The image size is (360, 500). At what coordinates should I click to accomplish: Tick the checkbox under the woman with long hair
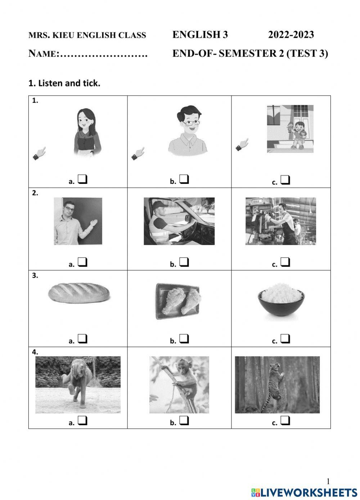click(82, 179)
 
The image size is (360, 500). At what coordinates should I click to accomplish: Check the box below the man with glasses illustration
click(184, 179)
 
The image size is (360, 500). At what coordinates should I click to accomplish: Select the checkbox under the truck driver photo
click(184, 262)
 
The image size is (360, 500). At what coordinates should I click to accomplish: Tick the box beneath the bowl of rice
click(285, 339)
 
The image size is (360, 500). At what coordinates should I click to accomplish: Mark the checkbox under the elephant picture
click(82, 421)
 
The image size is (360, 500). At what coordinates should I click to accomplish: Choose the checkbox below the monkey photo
click(184, 421)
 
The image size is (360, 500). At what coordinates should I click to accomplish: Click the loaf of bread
click(79, 292)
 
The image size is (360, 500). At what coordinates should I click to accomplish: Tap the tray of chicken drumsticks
click(178, 301)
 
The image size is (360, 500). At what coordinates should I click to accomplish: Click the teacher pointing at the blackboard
click(77, 222)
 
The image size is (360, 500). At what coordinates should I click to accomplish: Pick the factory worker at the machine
click(281, 221)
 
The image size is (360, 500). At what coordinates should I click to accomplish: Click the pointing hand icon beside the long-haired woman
click(39, 153)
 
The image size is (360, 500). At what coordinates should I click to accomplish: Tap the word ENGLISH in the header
click(195, 35)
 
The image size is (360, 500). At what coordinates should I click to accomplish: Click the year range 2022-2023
click(291, 35)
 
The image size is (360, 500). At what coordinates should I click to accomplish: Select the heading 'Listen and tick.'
click(69, 83)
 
